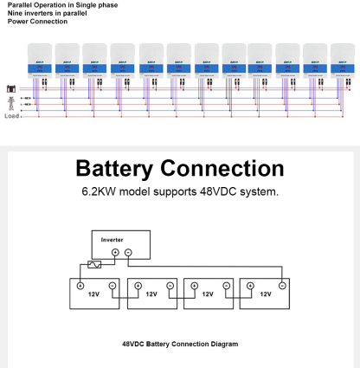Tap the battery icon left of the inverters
(x=12, y=88)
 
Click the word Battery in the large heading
(x=125, y=168)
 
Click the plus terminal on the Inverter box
(x=116, y=252)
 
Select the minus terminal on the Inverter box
(x=129, y=252)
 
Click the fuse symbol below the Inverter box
(x=89, y=267)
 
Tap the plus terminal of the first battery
(x=80, y=284)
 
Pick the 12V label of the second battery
(x=151, y=294)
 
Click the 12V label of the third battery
(x=208, y=294)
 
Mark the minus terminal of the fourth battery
(x=282, y=284)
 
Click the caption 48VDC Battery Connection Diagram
(x=180, y=344)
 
